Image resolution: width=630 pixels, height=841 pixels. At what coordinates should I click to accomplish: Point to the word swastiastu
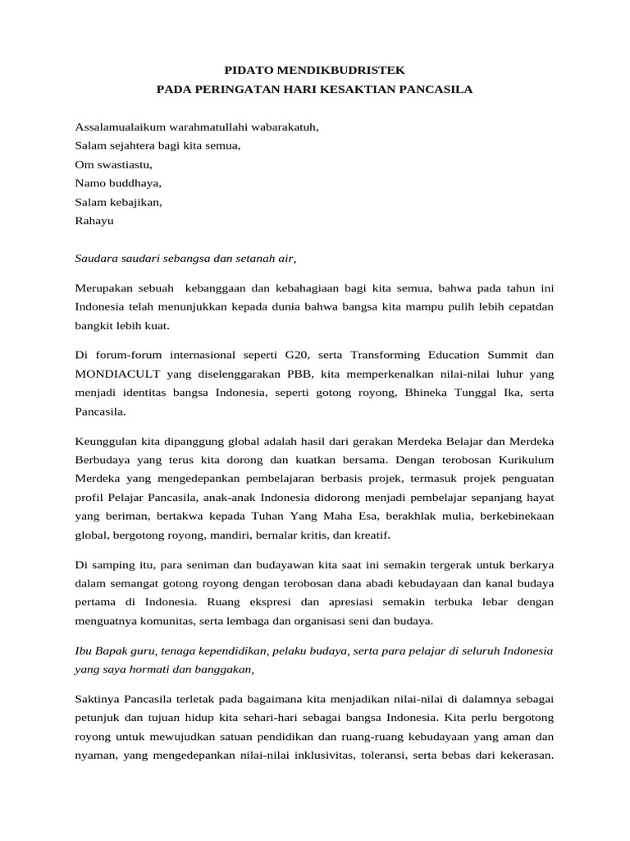pos(123,164)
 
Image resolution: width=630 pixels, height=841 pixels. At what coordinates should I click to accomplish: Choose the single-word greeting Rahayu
pos(94,220)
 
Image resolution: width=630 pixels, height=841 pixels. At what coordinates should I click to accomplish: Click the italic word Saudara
pos(98,258)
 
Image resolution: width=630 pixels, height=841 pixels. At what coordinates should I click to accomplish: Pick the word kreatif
pos(370,535)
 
